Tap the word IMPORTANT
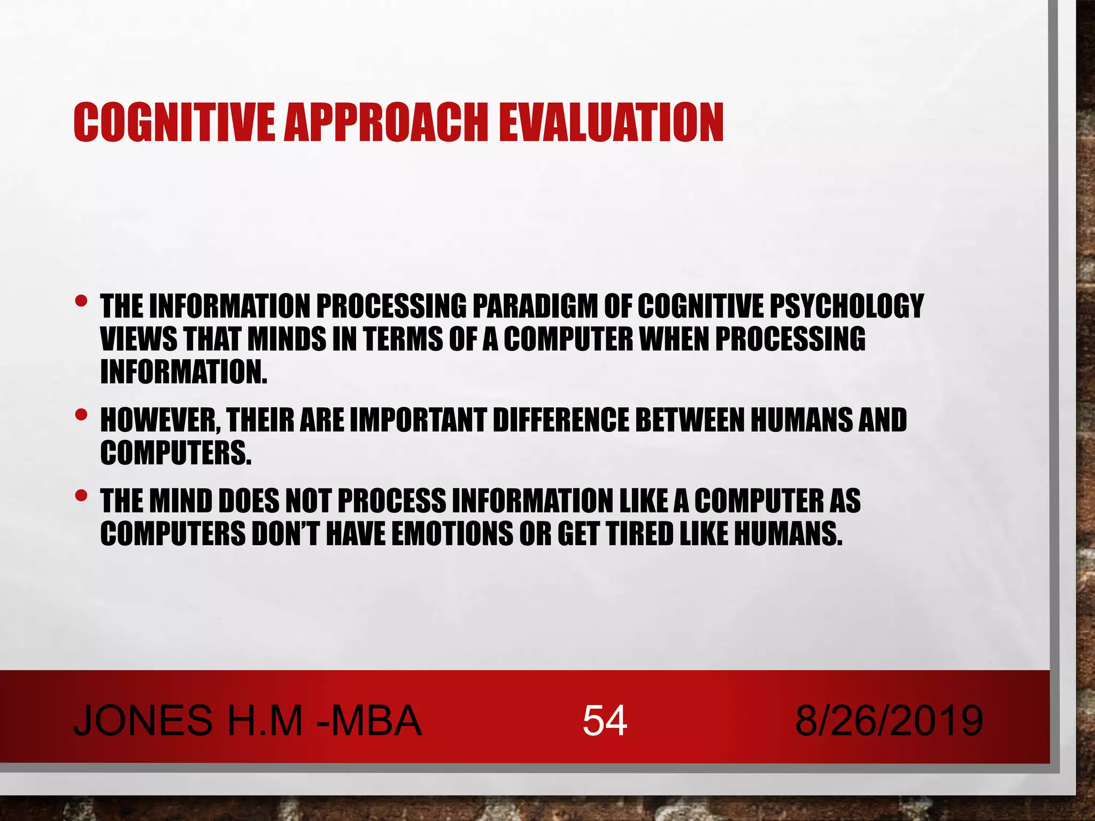tap(418, 420)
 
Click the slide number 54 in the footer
tap(605, 721)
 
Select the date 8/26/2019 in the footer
tap(889, 721)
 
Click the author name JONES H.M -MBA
tap(248, 721)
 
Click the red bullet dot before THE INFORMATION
tap(81, 301)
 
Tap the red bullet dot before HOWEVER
tap(81, 414)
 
